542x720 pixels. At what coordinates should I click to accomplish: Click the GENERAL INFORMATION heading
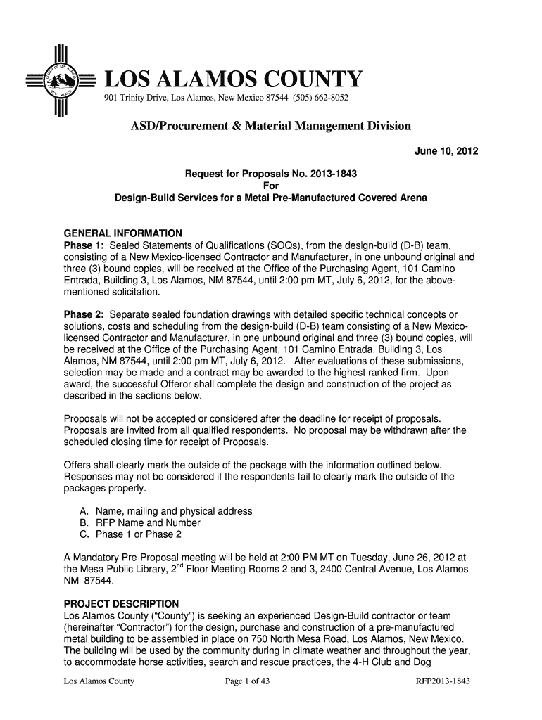[123, 233]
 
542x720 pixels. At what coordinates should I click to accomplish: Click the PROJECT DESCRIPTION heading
[122, 603]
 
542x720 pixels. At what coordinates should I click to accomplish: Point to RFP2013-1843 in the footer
[443, 681]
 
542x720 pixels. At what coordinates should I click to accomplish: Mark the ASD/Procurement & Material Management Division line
[270, 127]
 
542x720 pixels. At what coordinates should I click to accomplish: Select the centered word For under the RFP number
[270, 186]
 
